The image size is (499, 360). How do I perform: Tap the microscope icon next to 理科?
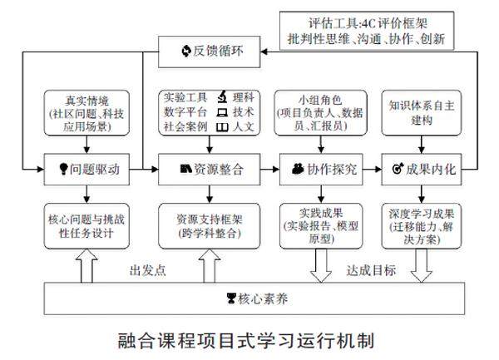222,97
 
